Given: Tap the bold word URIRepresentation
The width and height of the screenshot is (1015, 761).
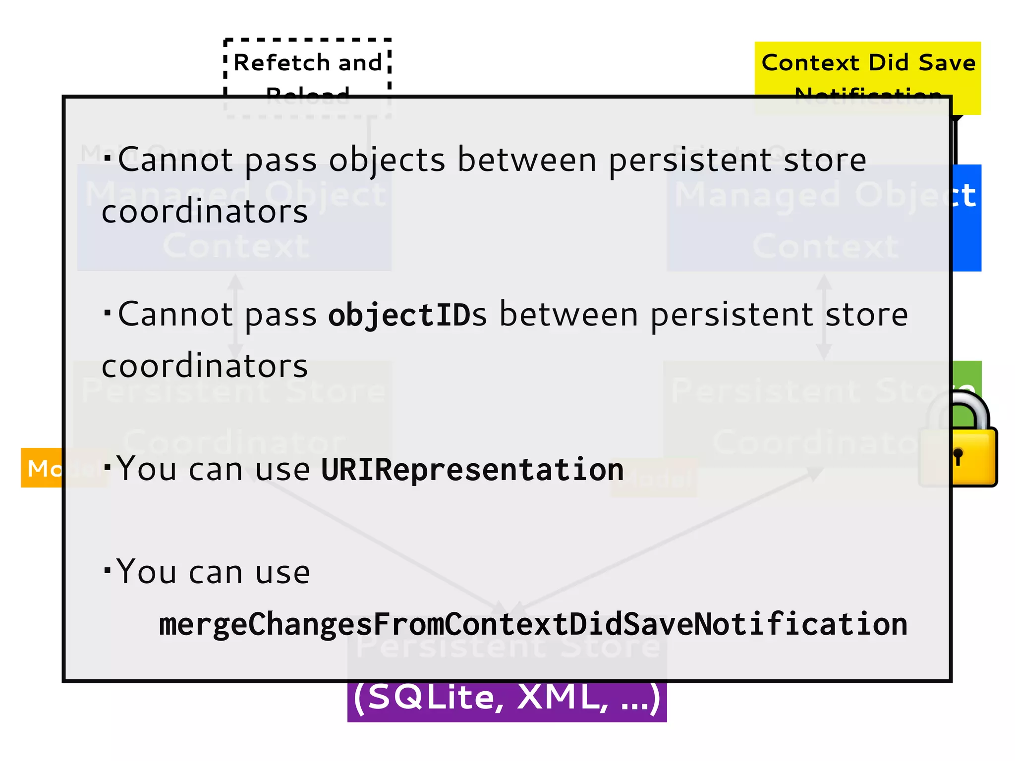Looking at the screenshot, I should pyautogui.click(x=472, y=470).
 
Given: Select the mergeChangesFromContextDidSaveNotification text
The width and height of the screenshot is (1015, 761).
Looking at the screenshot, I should pyautogui.click(x=533, y=624).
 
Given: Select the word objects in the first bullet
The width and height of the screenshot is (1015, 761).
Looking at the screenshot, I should pyautogui.click(x=387, y=161).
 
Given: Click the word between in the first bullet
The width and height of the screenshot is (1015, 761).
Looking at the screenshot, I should pyautogui.click(x=527, y=161).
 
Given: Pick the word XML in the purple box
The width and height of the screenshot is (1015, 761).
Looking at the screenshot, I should pyautogui.click(x=562, y=698).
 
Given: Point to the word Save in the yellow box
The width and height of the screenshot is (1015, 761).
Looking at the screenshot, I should pyautogui.click(x=947, y=63).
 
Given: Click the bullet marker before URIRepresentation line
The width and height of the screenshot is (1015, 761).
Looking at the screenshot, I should pyautogui.click(x=108, y=467).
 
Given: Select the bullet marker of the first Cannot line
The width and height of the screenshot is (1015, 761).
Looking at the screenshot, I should pyautogui.click(x=108, y=158).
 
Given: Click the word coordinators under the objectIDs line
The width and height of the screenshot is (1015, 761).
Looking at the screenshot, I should pyautogui.click(x=205, y=367).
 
